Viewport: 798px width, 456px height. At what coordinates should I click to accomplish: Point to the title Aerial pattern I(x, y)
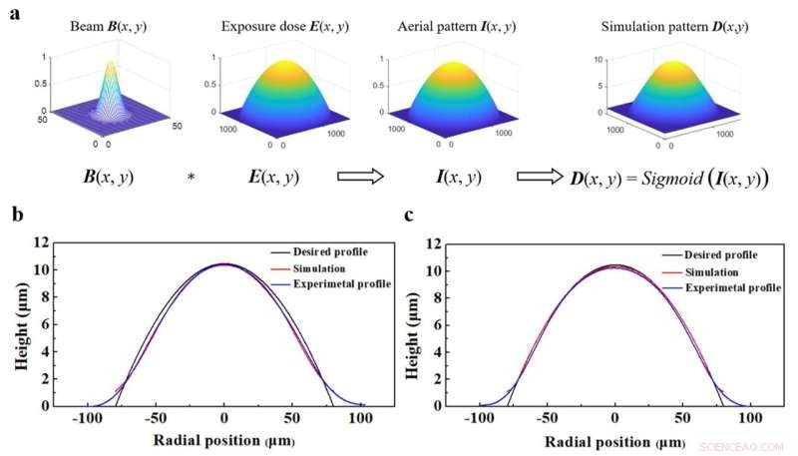446,23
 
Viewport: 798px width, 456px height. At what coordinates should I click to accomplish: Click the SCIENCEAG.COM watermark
746,446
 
